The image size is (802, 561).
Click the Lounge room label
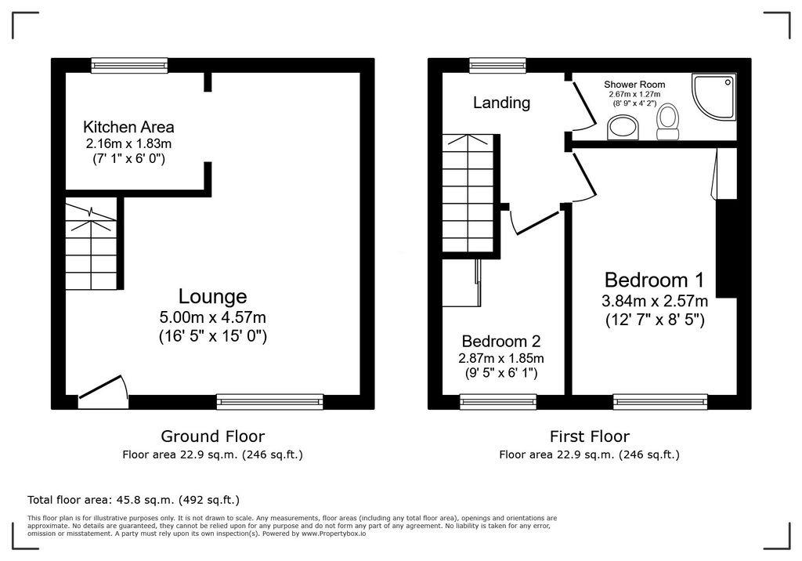tap(212, 296)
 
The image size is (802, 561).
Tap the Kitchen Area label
tap(128, 126)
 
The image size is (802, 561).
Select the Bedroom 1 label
tap(654, 280)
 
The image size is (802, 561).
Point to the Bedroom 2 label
tap(500, 342)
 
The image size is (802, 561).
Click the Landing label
tap(501, 103)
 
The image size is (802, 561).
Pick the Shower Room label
tap(634, 85)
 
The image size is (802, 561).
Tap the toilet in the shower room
tap(668, 121)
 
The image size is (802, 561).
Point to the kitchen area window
tap(129, 66)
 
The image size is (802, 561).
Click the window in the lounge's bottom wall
tap(270, 402)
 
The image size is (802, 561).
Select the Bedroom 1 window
tap(660, 402)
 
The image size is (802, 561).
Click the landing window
tap(497, 66)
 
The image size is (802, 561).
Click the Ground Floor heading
tap(212, 436)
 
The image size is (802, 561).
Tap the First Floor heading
tap(589, 436)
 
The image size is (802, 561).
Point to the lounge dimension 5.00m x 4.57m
tap(212, 317)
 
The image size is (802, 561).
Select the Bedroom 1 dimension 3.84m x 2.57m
tap(654, 301)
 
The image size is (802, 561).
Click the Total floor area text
tap(133, 499)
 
